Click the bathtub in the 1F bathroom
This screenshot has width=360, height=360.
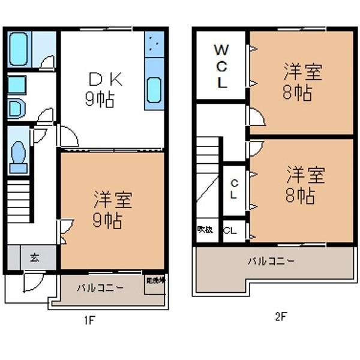point(19,49)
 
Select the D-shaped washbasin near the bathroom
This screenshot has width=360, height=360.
point(16,109)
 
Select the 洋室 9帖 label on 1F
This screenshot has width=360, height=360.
point(112,210)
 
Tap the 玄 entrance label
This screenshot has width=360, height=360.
point(34,258)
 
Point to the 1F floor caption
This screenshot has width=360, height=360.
point(89,319)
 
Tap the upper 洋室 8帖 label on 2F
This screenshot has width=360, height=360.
point(302,83)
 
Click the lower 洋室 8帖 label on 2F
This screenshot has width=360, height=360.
point(304,185)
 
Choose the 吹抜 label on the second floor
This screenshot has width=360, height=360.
point(205,230)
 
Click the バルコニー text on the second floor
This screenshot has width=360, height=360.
point(271,262)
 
